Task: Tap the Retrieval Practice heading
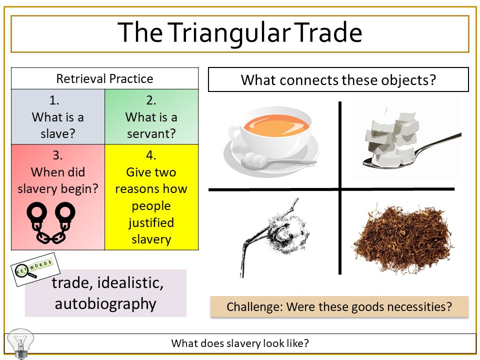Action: [104, 78]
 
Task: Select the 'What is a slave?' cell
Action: [58, 117]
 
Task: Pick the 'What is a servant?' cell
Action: [151, 117]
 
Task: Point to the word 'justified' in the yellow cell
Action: [151, 223]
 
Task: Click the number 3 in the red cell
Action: [57, 155]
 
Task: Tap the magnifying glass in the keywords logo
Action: [25, 271]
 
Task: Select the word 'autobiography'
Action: [105, 304]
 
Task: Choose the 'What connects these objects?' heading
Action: [338, 80]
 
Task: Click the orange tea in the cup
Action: [276, 125]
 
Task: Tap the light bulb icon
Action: [20, 343]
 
